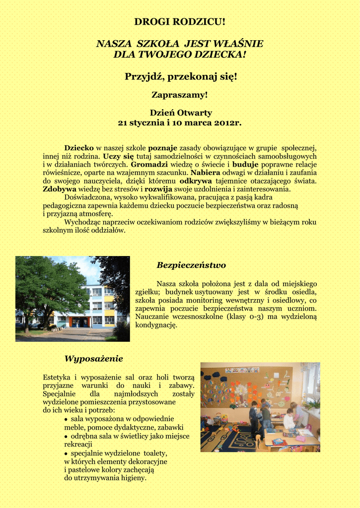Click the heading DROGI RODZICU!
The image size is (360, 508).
coord(180,22)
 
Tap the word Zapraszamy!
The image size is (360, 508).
coord(179,94)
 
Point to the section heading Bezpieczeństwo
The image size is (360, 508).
coord(191,265)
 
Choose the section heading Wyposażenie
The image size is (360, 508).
coord(93,358)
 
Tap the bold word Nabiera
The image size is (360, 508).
coord(205,173)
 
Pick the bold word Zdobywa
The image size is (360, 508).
coord(60,189)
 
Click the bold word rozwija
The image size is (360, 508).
coord(158,189)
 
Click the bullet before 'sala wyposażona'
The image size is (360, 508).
coord(66,419)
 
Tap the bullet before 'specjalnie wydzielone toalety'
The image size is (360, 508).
coord(66,453)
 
